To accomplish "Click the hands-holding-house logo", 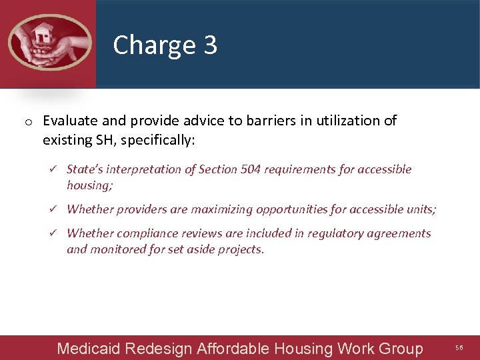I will click(48, 42).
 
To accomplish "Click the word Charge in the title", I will click(153, 45).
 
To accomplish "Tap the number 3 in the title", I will click(210, 45).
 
